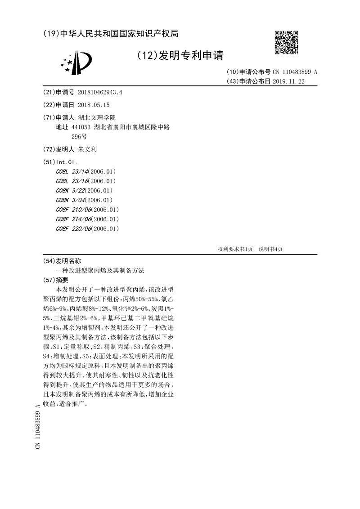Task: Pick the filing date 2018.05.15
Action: pyautogui.click(x=94, y=105)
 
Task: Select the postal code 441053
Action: pyautogui.click(x=81, y=127)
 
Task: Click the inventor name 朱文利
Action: pyautogui.click(x=87, y=149)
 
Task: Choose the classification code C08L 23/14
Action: pyautogui.click(x=72, y=171)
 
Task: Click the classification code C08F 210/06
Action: pyautogui.click(x=74, y=210)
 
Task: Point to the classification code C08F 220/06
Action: pyautogui.click(x=74, y=228)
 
